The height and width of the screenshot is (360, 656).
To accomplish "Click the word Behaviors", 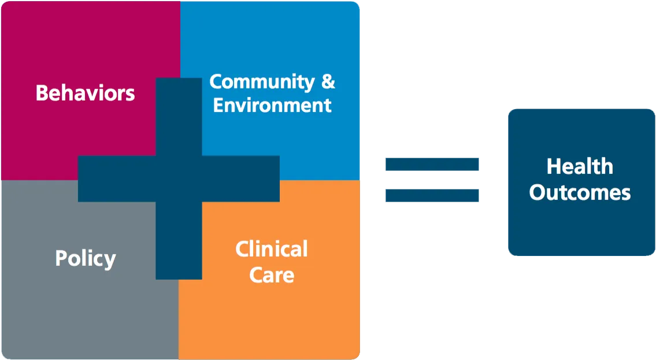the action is point(86,93).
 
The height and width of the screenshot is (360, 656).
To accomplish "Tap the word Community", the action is point(262,82).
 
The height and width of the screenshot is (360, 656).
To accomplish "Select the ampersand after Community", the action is point(328,81).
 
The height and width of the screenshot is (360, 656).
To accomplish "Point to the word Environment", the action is point(272,105).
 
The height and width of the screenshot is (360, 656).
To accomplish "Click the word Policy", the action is point(86,259).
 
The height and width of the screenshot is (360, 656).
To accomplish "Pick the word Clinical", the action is point(272,249).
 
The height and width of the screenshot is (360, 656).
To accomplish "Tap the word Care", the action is point(272,275).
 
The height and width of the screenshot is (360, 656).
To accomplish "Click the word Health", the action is point(580,166).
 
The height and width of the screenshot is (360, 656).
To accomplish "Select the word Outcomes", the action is point(580,193).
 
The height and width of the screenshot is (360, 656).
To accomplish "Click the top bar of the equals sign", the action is point(432,164).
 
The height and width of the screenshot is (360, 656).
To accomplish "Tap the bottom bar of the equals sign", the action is point(432,195).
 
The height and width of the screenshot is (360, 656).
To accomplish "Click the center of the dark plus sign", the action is point(179,179).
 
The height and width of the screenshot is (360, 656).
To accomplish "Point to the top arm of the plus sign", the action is point(179,117).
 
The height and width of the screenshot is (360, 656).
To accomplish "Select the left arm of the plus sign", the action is point(117,179).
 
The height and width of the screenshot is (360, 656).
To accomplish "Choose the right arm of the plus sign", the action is point(241,179).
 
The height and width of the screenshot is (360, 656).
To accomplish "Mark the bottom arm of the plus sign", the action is point(179,240).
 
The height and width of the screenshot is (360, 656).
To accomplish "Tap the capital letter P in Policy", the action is point(61,258).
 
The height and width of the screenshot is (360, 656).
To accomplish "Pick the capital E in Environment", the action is point(219,105).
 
